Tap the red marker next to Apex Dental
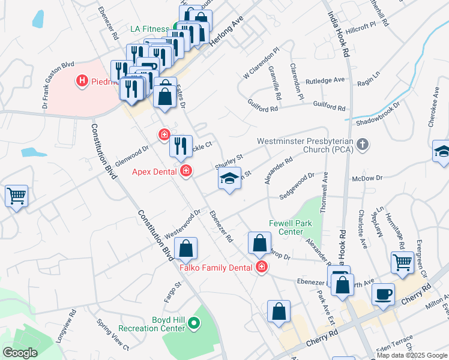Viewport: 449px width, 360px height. pyautogui.click(x=186, y=172)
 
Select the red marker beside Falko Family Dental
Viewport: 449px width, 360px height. pyautogui.click(x=261, y=267)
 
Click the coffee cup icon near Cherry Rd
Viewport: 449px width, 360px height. pyautogui.click(x=383, y=294)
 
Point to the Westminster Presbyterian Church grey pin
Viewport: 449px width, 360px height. pyautogui.click(x=362, y=145)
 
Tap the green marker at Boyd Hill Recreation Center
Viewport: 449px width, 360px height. pyautogui.click(x=193, y=324)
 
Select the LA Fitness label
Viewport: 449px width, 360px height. pyautogui.click(x=150, y=28)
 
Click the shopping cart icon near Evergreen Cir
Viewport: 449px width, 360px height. pyautogui.click(x=402, y=261)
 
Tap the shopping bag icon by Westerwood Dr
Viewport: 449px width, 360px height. pyautogui.click(x=186, y=247)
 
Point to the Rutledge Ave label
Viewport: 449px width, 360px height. pyautogui.click(x=325, y=80)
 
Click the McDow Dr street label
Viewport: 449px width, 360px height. pyautogui.click(x=367, y=178)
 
